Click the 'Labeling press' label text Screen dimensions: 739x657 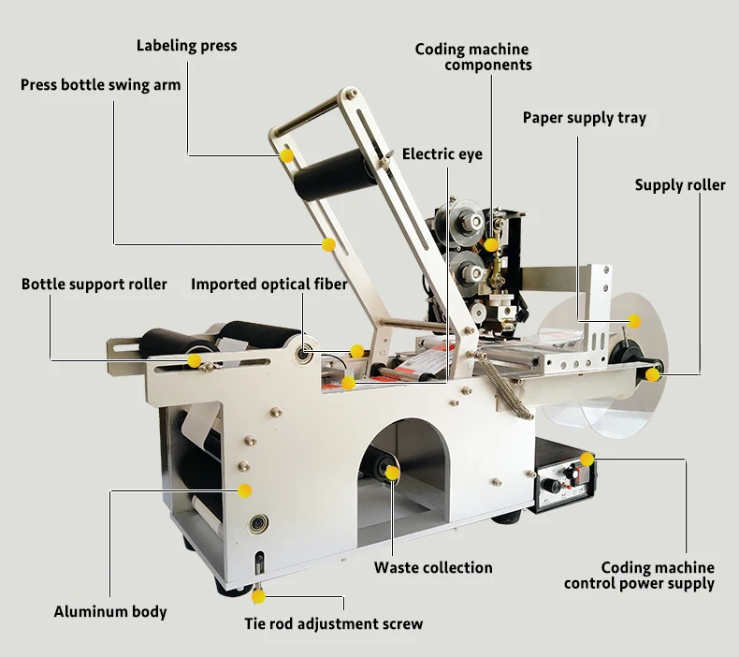187,46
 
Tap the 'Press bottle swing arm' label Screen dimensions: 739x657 100,85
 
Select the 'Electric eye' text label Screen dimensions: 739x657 442,154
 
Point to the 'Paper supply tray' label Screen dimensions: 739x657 585,118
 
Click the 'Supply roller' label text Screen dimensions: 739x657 680,185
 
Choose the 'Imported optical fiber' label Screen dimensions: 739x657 269,285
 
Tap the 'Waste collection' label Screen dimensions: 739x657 433,567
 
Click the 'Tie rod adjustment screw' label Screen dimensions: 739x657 334,624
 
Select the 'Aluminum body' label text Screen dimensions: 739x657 110,612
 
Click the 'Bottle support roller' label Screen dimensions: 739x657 94,285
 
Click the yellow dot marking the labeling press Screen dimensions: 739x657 286,155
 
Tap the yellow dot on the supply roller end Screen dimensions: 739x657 652,375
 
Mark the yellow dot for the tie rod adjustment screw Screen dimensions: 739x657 258,596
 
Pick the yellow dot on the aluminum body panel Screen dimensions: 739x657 244,491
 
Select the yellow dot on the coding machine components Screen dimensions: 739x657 490,245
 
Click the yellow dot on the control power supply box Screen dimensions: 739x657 587,459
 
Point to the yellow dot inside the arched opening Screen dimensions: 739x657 392,473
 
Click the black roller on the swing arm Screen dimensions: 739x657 335,173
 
